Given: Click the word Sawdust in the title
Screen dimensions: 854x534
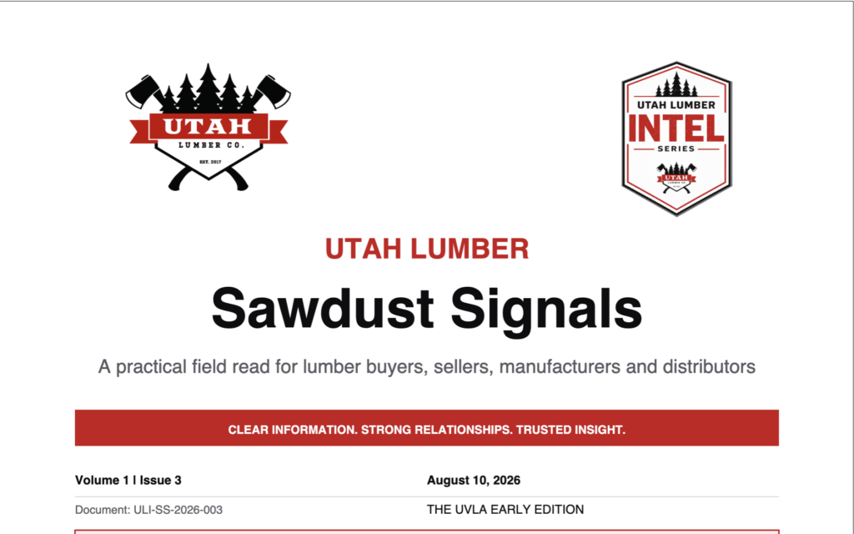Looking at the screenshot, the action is tap(322, 309).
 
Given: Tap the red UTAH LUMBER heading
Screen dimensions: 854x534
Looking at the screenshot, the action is tap(427, 249).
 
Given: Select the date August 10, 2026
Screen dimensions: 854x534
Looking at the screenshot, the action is tap(474, 480).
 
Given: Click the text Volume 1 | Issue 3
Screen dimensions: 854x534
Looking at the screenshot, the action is tap(128, 480).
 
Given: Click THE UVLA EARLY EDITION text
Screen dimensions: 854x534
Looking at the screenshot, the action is tap(505, 510).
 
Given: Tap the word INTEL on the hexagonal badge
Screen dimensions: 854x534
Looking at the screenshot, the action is tap(676, 128).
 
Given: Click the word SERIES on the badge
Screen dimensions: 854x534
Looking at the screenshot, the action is tap(676, 149).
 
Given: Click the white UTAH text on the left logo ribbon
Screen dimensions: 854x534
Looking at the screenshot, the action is tap(208, 127).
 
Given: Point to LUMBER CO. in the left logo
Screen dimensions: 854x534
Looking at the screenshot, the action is tap(211, 145).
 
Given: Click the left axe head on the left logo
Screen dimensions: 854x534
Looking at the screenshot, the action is tap(143, 92).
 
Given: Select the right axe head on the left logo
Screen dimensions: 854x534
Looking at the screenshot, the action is tap(274, 92).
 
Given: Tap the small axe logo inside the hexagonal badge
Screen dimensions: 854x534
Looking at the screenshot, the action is tap(676, 178).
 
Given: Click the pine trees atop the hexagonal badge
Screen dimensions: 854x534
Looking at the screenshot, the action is tap(676, 85).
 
